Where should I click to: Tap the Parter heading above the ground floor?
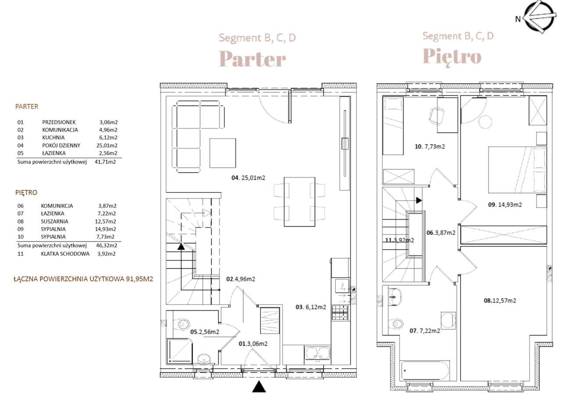click(252, 59)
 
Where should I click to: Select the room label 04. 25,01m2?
click(248, 178)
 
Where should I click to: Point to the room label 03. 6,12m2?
click(311, 307)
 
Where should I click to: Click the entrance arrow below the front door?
click(259, 387)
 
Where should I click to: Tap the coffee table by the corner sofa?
click(223, 153)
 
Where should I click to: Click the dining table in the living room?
click(299, 202)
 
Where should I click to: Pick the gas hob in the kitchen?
click(340, 313)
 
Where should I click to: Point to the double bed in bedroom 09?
click(517, 170)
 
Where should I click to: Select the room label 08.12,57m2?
click(500, 301)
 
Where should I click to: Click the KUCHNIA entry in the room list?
click(53, 138)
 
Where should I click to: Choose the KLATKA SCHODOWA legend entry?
click(65, 254)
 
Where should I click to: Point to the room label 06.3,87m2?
click(441, 233)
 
